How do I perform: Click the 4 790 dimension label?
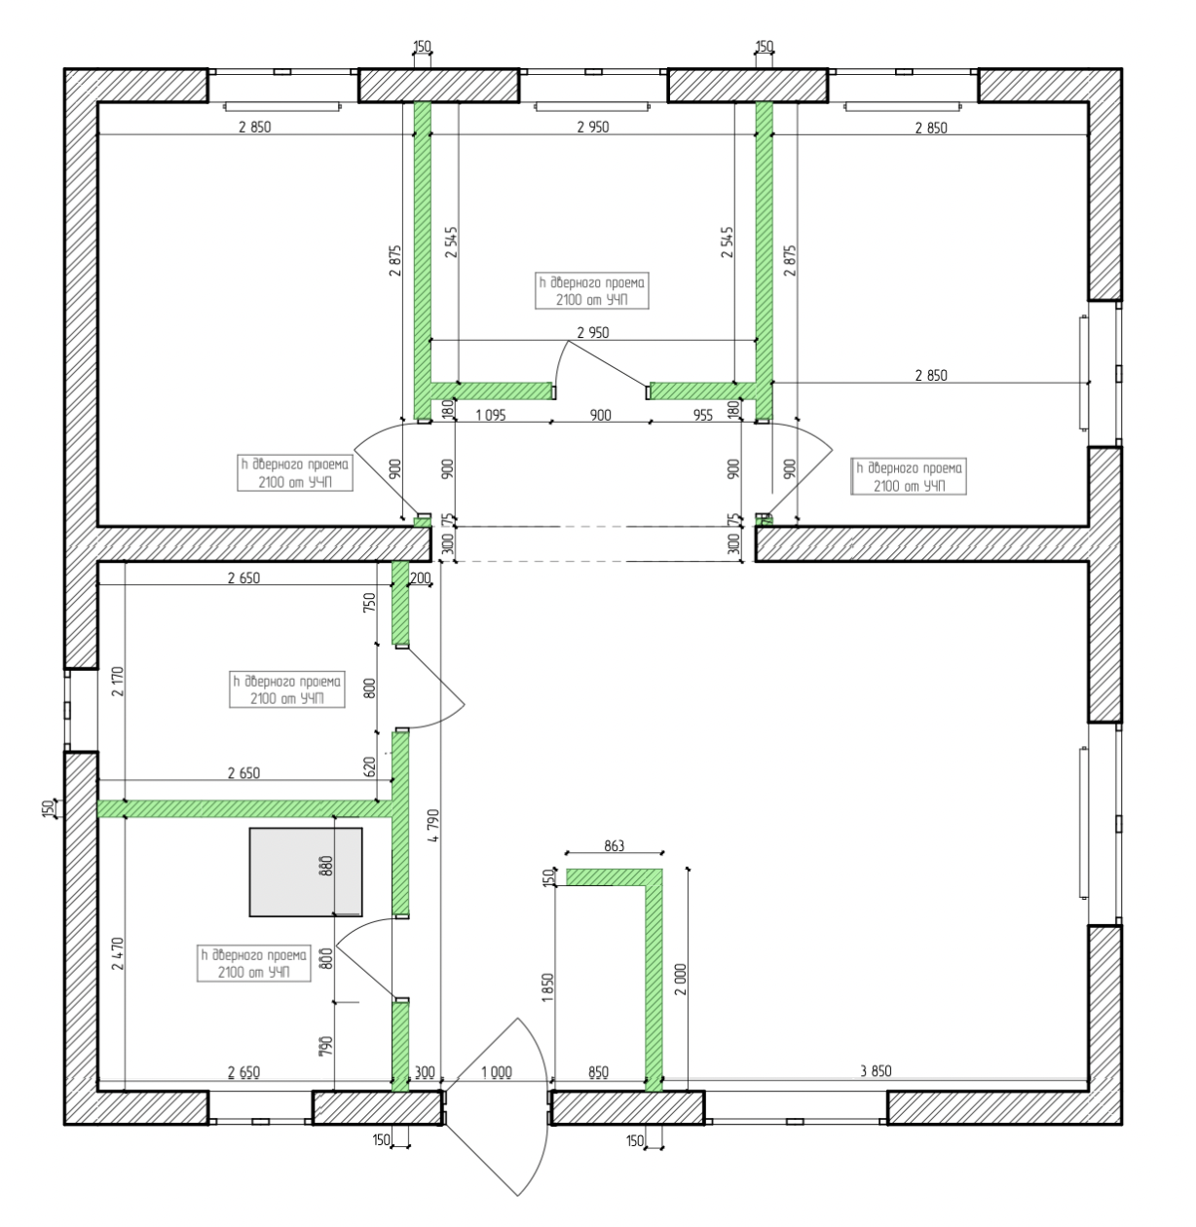click(433, 826)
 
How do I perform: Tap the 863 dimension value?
click(615, 845)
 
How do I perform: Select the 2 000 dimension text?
click(680, 980)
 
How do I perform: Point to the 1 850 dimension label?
click(547, 987)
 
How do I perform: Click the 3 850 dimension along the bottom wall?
click(876, 1070)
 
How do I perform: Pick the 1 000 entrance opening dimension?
click(497, 1072)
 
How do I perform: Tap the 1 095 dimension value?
click(491, 415)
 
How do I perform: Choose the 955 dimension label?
click(702, 415)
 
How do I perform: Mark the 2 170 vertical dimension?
click(117, 681)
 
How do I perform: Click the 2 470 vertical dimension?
click(117, 953)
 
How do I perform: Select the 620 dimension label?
click(369, 766)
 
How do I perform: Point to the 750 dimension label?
click(369, 602)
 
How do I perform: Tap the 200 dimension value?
click(421, 577)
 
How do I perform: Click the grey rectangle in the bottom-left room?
click(306, 872)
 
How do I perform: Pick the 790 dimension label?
click(325, 1046)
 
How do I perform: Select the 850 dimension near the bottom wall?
click(598, 1072)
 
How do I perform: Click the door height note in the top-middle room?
click(592, 290)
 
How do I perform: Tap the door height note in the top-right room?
click(909, 476)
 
